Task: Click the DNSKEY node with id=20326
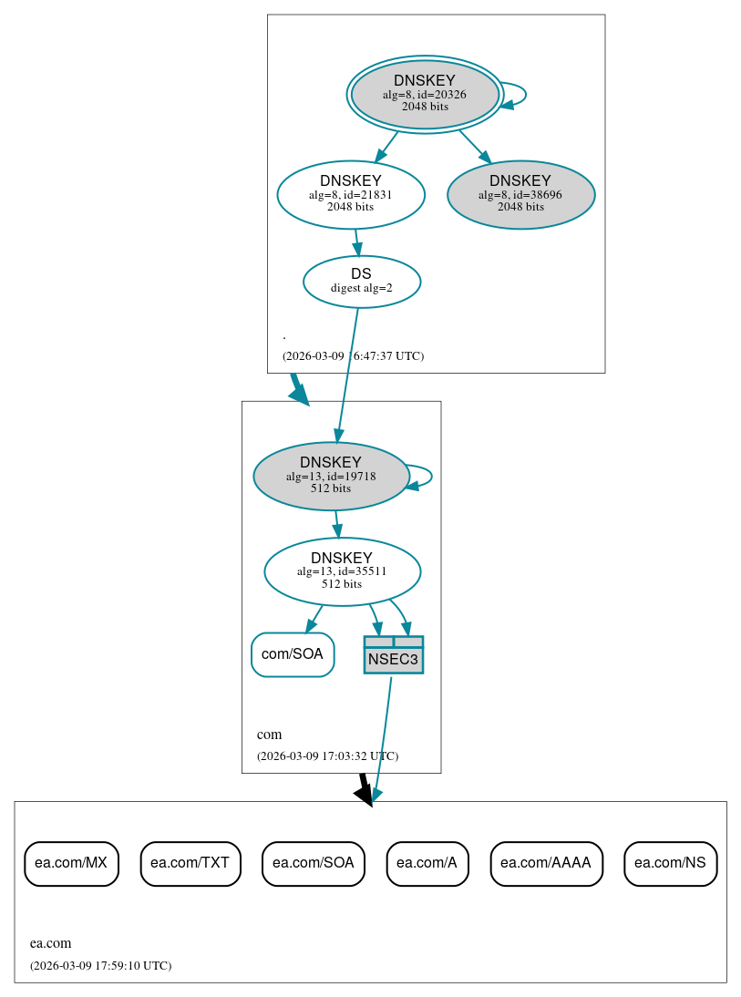pyautogui.click(x=425, y=94)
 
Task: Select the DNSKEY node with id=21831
pyautogui.click(x=351, y=194)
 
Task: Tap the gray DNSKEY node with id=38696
pyautogui.click(x=520, y=194)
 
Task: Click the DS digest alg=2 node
pyautogui.click(x=361, y=281)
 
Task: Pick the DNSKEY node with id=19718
pyautogui.click(x=331, y=476)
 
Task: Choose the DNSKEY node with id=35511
pyautogui.click(x=342, y=571)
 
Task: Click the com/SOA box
pyautogui.click(x=293, y=654)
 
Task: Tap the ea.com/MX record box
pyautogui.click(x=71, y=863)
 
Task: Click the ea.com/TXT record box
pyautogui.click(x=190, y=863)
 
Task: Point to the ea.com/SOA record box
pyautogui.click(x=313, y=863)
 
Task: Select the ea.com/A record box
pyautogui.click(x=427, y=863)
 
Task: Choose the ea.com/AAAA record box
pyautogui.click(x=546, y=863)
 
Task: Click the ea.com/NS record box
pyautogui.click(x=670, y=863)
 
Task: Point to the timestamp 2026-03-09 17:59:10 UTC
pyautogui.click(x=100, y=965)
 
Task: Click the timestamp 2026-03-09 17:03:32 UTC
pyautogui.click(x=327, y=755)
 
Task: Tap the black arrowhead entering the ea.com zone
pyautogui.click(x=365, y=795)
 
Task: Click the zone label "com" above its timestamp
pyautogui.click(x=269, y=735)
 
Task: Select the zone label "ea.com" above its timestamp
pyautogui.click(x=50, y=943)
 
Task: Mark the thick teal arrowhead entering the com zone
pyautogui.click(x=299, y=394)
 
